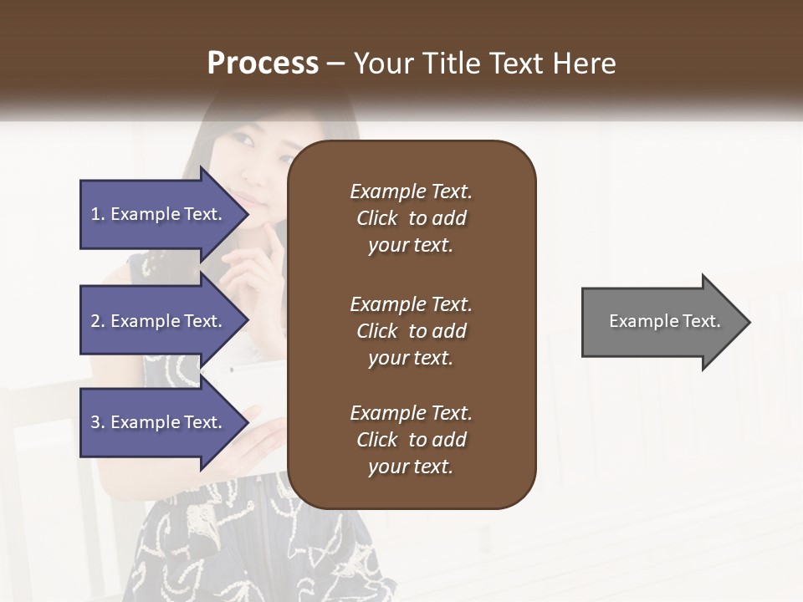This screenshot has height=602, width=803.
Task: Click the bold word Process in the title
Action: click(263, 64)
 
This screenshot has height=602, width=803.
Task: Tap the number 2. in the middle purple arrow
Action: click(98, 321)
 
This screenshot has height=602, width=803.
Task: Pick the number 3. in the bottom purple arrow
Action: click(98, 422)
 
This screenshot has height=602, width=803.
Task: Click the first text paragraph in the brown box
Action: click(411, 218)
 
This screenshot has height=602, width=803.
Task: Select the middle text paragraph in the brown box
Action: click(411, 331)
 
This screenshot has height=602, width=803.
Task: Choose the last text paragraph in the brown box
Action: click(411, 440)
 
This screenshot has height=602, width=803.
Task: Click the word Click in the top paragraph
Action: click(377, 218)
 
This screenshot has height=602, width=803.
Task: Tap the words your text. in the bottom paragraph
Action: click(411, 467)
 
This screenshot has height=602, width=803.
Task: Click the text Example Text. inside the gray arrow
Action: click(665, 321)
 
